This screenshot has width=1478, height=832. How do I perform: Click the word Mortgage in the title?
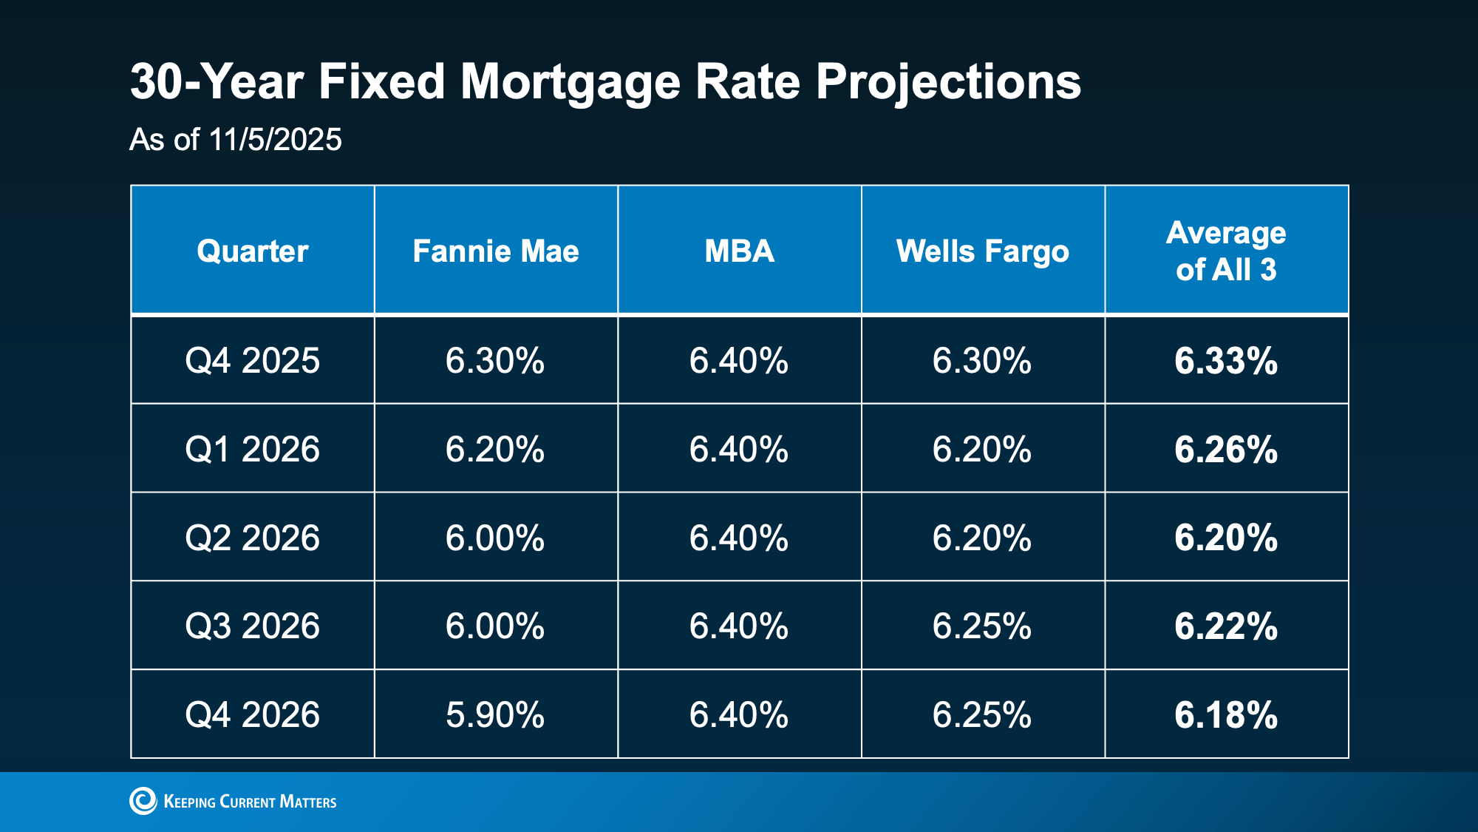pos(569,83)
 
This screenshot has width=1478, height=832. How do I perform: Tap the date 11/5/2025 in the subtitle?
pos(275,140)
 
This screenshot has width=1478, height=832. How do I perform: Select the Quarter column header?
pos(252,251)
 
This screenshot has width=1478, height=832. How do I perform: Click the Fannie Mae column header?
pos(495,251)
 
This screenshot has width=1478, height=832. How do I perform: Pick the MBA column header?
pos(739,251)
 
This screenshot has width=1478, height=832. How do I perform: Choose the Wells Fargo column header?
pos(982,251)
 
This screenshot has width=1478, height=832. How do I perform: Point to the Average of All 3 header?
pos(1226,251)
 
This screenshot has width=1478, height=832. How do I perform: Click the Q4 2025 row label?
pos(252,361)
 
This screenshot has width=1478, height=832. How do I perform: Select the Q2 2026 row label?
pos(252,538)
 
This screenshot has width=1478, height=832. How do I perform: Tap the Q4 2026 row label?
pos(252,715)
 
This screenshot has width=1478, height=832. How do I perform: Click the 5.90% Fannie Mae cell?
pos(495,715)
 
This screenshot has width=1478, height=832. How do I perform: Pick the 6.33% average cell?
pos(1226,361)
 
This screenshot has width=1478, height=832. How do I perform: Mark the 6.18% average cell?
pos(1226,715)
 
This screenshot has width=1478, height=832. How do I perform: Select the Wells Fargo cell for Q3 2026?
pos(982,626)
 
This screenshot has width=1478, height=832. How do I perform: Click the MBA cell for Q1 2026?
pos(739,450)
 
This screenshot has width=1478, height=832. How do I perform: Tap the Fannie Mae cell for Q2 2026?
pos(495,538)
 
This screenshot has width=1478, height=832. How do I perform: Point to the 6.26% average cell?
pos(1226,450)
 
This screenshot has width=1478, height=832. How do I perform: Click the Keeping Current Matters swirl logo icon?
pos(143,801)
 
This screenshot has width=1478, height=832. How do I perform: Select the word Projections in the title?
pos(948,83)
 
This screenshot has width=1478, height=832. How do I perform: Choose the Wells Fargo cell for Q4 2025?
pos(982,361)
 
